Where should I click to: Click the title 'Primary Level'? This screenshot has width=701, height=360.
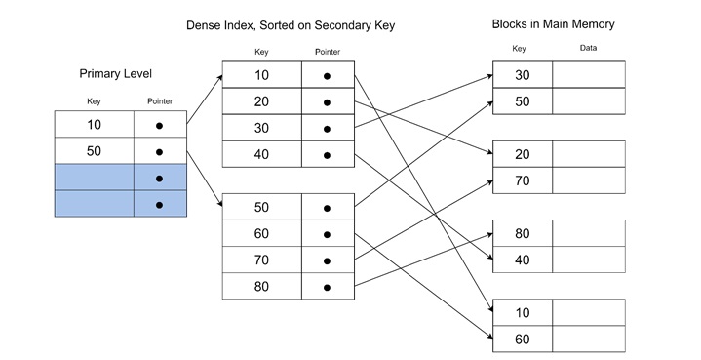click(115, 73)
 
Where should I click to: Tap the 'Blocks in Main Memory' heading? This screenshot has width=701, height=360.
click(553, 23)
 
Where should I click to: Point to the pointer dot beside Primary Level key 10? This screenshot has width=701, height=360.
click(159, 126)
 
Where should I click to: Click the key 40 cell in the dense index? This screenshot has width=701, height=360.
click(261, 154)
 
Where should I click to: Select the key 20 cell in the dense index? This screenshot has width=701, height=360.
click(261, 101)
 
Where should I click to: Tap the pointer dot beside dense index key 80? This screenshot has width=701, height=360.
click(327, 287)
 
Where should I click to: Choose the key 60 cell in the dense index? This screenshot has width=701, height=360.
click(261, 234)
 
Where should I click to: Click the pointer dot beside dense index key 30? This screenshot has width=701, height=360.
click(327, 128)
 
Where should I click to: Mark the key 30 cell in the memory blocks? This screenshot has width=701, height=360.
click(523, 75)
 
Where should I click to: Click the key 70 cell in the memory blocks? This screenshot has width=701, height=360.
click(523, 180)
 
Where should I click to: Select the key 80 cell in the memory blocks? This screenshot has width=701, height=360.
click(523, 233)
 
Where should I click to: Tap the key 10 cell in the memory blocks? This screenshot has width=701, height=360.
click(523, 312)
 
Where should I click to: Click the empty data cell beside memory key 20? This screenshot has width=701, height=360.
click(588, 154)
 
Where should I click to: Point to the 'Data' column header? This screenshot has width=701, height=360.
click(588, 48)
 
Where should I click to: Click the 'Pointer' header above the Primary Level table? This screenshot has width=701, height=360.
click(159, 100)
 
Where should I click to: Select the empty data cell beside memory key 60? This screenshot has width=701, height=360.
click(588, 339)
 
